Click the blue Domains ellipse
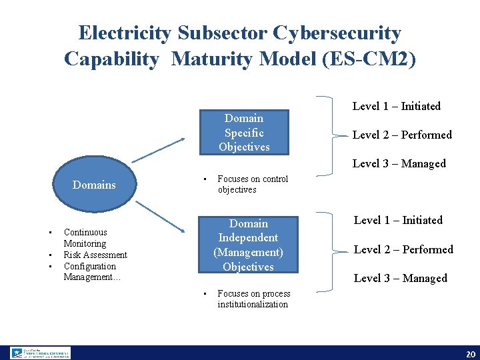[94, 185]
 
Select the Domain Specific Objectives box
[244, 133]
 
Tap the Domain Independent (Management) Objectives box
[248, 245]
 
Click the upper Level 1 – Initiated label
[397, 106]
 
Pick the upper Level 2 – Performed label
[402, 135]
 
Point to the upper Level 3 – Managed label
[399, 163]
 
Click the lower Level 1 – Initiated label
[398, 220]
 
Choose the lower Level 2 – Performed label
[403, 249]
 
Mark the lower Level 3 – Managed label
[401, 278]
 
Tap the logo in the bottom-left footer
[40, 353]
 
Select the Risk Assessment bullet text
[95, 255]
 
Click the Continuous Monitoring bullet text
[85, 238]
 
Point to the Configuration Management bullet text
[92, 271]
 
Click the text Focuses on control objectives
[253, 184]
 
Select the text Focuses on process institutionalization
[253, 299]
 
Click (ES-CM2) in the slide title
[369, 59]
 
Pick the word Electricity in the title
[125, 33]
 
